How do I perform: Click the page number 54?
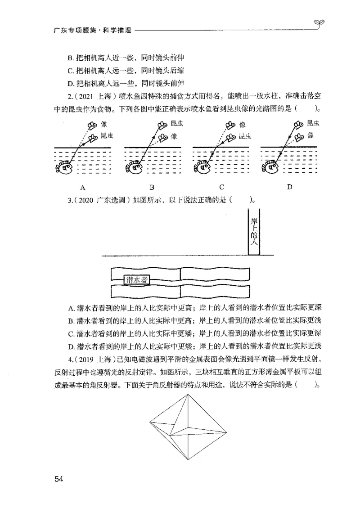(59, 478)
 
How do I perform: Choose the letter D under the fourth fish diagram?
(289, 187)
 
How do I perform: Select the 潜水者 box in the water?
(137, 279)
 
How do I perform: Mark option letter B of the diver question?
(71, 320)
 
